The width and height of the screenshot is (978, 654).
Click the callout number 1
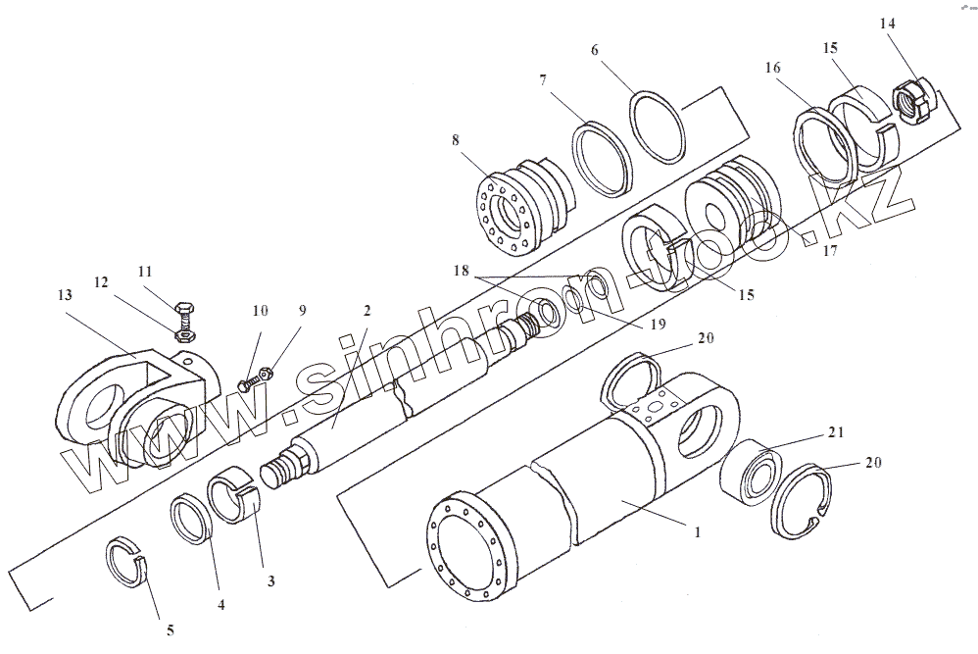pos(696,533)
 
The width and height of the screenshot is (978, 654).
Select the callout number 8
pos(456,140)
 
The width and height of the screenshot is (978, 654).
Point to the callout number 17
pos(829,250)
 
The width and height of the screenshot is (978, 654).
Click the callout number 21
pos(836,432)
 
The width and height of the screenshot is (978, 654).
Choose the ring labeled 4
pos(192,520)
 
